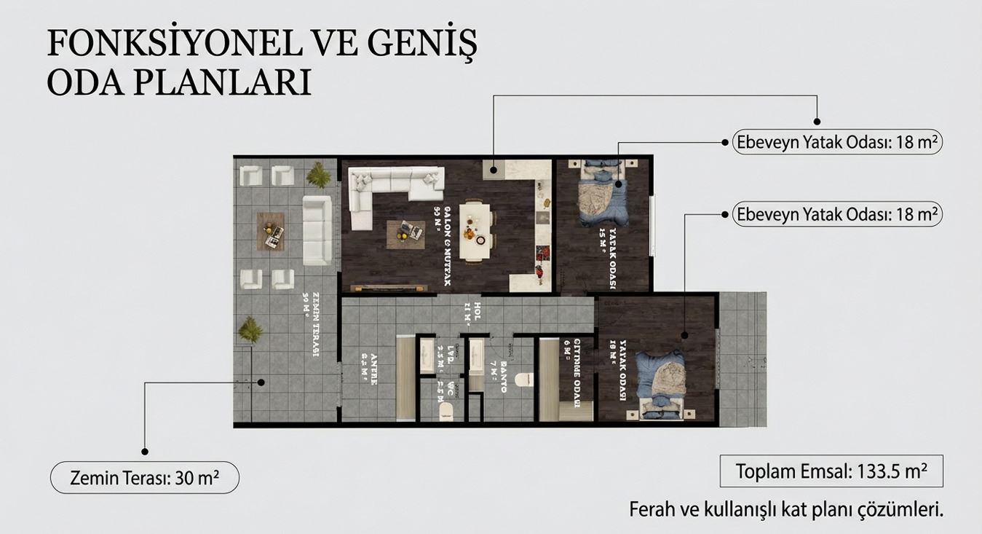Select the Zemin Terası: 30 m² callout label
tap(144, 479)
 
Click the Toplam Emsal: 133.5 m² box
tap(831, 471)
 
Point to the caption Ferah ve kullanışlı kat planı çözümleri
tap(785, 510)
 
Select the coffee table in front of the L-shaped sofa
tap(405, 234)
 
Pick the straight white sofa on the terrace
tap(317, 229)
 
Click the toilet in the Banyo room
tap(523, 380)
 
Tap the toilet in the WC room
tap(446, 413)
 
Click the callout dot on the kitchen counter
tap(494, 170)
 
